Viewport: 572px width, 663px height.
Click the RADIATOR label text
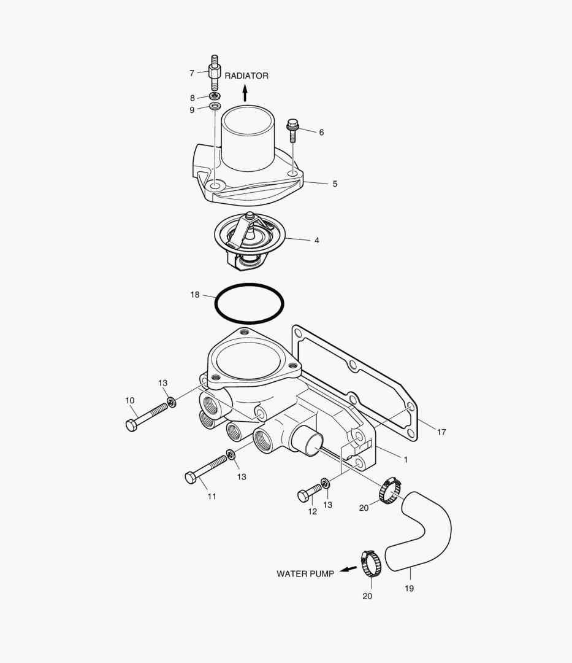246,76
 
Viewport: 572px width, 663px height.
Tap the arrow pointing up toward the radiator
245,93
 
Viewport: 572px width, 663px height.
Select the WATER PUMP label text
305,574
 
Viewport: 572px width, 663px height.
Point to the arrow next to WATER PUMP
348,569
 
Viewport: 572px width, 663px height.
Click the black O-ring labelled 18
216,303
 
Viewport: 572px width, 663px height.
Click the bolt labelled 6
292,130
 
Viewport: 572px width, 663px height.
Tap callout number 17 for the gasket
441,432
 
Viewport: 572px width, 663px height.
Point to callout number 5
335,184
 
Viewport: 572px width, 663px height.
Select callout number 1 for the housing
405,459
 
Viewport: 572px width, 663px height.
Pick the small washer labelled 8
215,97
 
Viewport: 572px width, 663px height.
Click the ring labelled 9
215,107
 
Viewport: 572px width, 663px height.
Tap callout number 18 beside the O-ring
195,295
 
